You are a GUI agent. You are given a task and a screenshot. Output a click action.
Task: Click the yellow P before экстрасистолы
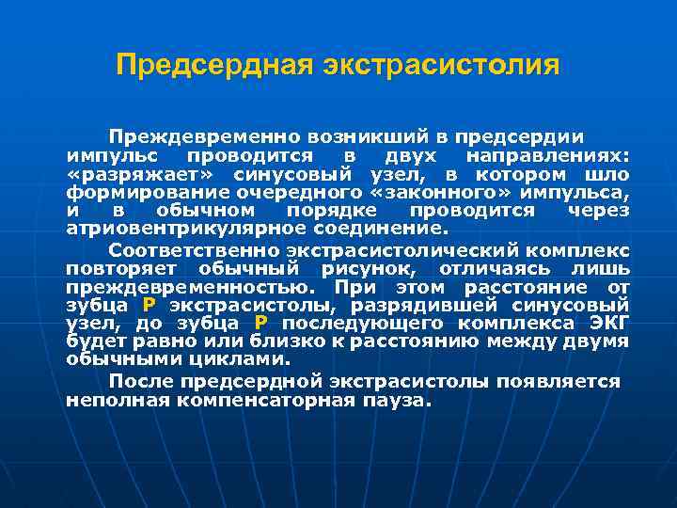pyautogui.click(x=149, y=306)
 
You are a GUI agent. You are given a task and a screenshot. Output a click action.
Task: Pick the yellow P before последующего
pyautogui.click(x=261, y=324)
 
